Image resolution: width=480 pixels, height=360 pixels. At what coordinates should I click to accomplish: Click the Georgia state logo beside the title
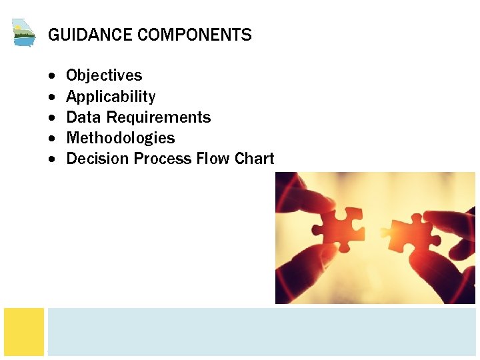(23, 32)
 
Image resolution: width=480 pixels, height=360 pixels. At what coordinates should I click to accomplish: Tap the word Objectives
(104, 75)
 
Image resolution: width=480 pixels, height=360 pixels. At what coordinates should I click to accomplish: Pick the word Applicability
(111, 97)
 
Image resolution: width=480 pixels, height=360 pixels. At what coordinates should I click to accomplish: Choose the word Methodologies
(121, 138)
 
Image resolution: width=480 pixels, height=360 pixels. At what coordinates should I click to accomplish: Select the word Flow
(213, 159)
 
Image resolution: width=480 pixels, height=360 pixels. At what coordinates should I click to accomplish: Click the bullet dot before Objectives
(53, 76)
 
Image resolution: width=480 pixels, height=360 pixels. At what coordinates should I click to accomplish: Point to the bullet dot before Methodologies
(53, 139)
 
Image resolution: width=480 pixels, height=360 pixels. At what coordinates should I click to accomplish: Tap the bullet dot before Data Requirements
(53, 118)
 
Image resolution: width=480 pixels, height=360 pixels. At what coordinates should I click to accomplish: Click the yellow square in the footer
(24, 331)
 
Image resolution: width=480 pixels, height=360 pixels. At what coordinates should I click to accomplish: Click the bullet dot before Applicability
(53, 97)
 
